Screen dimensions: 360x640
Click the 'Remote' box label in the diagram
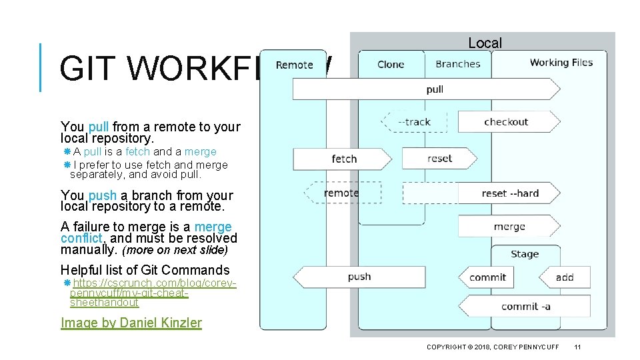pos(294,65)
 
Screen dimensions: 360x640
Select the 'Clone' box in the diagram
pos(391,64)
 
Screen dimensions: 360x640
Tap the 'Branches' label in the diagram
pos(457,64)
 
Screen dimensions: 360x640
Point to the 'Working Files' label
pos(561,63)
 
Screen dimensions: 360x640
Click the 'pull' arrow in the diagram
pos(427,89)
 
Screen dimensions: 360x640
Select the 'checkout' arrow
pos(507,122)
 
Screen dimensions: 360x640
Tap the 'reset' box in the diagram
pos(439,159)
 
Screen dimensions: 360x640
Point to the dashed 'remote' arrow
pos(341,193)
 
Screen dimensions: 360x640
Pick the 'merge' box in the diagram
pos(509,227)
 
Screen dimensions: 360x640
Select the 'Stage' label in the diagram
pos(525,254)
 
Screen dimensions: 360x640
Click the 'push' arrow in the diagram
pos(359,277)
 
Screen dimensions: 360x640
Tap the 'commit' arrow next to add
pos(488,277)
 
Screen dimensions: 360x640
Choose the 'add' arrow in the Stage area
pos(564,277)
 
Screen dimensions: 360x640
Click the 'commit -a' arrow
pos(525,307)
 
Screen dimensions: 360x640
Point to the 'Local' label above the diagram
pos(485,43)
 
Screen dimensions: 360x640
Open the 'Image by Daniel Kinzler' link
pos(131,323)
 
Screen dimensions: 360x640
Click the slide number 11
pos(577,347)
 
